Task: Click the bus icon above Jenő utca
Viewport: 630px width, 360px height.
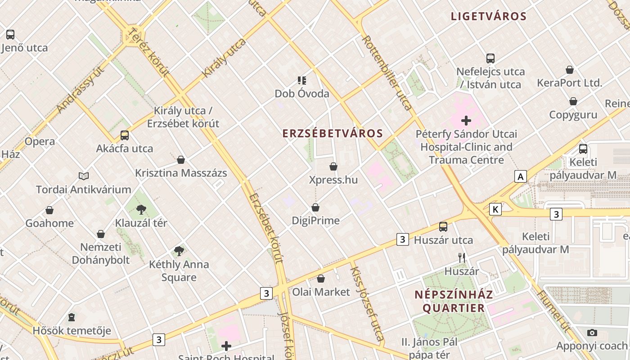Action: point(10,34)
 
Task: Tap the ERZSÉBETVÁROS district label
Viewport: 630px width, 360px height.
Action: point(333,133)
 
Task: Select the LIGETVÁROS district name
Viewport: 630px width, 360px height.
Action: point(488,17)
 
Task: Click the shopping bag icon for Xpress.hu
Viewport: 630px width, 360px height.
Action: point(333,167)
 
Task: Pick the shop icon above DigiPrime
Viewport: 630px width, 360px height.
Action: point(315,207)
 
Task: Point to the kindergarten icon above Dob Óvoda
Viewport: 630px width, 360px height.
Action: point(302,81)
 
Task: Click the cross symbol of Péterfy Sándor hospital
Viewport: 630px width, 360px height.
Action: point(466,121)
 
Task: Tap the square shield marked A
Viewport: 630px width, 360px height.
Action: point(521,176)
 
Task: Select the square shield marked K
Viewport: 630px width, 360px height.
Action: point(495,209)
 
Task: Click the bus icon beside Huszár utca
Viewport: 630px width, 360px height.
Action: point(443,227)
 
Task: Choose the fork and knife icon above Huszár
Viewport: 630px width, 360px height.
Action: point(461,258)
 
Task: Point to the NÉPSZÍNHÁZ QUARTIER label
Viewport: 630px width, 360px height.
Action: point(454,301)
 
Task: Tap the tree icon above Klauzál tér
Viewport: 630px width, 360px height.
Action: point(141,209)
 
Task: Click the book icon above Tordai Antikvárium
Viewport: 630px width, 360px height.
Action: point(84,176)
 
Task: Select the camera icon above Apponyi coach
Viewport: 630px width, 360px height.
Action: point(592,333)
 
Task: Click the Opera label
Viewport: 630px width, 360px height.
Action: point(40,141)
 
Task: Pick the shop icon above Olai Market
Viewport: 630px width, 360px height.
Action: point(321,279)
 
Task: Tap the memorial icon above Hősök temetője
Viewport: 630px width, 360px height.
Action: point(72,318)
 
